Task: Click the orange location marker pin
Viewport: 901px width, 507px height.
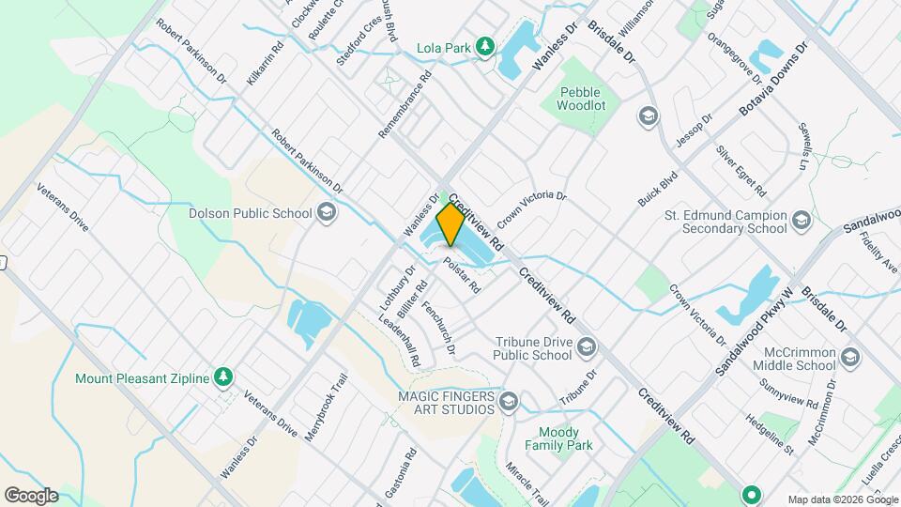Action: click(450, 223)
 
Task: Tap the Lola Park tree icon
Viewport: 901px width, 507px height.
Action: click(484, 46)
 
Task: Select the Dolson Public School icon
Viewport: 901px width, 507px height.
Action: click(327, 213)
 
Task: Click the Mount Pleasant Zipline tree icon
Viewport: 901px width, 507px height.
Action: click(222, 377)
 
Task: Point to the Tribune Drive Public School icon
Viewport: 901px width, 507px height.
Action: click(587, 347)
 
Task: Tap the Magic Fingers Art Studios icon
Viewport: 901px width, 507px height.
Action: click(509, 403)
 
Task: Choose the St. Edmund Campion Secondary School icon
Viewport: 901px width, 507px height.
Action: click(801, 221)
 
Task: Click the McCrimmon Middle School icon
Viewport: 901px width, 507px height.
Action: click(849, 358)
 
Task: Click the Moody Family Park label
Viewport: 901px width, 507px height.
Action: click(559, 439)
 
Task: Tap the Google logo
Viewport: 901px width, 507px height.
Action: click(31, 495)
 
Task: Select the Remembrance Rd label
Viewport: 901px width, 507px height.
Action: click(405, 105)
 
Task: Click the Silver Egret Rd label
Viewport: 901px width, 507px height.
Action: click(741, 171)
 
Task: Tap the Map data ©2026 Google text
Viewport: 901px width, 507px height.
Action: click(842, 499)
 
